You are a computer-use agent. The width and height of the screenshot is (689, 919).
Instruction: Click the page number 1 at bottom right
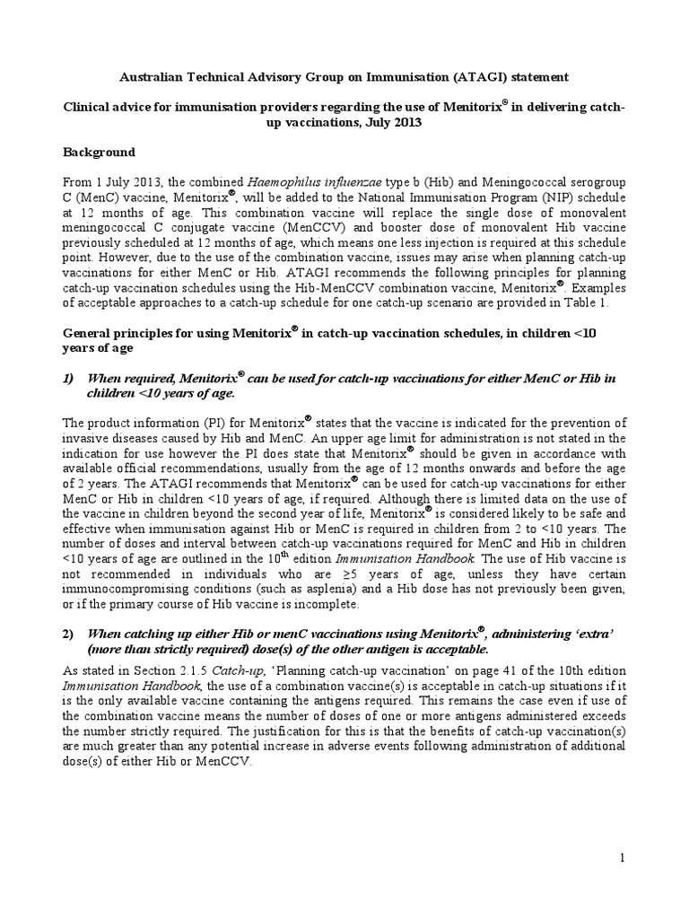point(622,860)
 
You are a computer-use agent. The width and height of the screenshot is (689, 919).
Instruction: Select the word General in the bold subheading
point(87,333)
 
